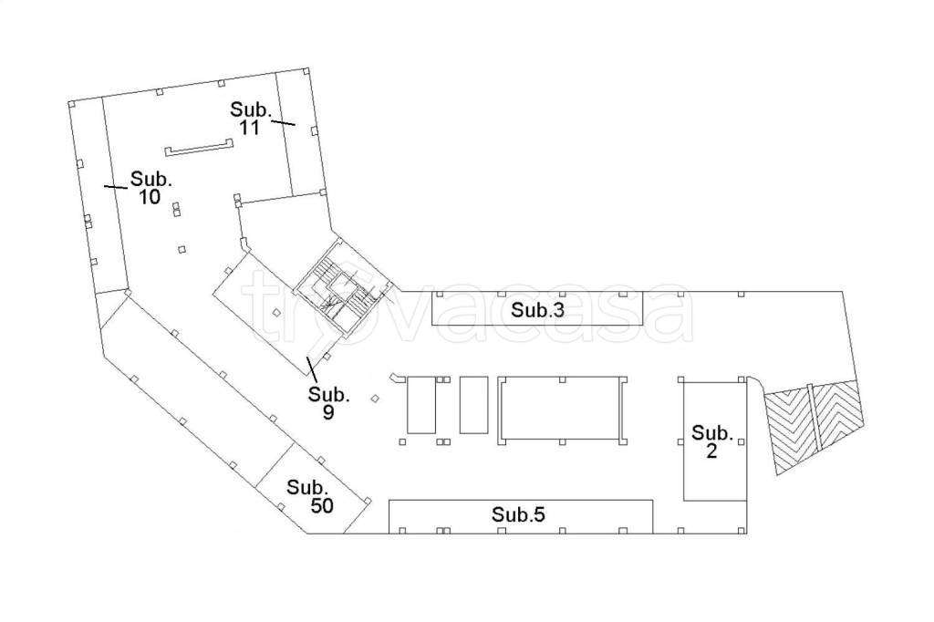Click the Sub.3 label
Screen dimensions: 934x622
(537, 310)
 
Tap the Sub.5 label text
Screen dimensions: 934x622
(518, 514)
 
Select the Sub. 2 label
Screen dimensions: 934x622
(711, 441)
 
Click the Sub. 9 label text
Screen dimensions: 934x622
(328, 403)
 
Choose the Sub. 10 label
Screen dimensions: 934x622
(151, 187)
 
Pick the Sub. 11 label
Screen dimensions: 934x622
(251, 118)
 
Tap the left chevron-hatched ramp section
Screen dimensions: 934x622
(789, 428)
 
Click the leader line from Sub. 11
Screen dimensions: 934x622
(284, 123)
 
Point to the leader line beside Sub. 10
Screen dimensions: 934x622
(116, 187)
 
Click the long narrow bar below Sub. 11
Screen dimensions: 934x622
(198, 149)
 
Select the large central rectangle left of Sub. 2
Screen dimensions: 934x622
(562, 409)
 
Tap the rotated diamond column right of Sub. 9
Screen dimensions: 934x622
(375, 399)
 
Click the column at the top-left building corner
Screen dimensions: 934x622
(71, 104)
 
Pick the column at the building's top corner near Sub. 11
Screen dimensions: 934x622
(306, 72)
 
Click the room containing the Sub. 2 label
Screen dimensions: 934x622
(714, 441)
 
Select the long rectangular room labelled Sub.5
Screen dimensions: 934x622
(521, 516)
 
